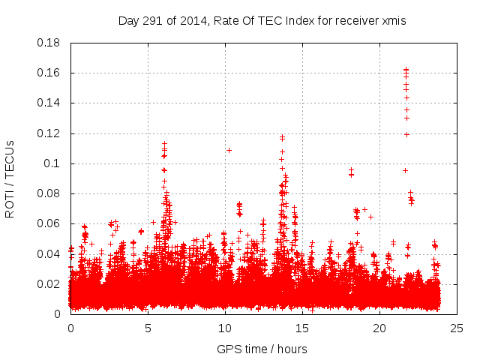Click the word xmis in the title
[394, 21]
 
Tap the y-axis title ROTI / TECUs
[10, 178]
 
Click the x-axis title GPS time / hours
[262, 349]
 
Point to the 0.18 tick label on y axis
[49, 43]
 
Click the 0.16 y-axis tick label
[49, 73]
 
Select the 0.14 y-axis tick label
[49, 103]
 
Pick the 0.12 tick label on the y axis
[49, 133]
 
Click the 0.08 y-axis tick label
[49, 193]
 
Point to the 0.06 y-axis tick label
[49, 223]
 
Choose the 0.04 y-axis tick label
[49, 253]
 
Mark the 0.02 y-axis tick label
[49, 284]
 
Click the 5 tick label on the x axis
[148, 328]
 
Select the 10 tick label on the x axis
[225, 328]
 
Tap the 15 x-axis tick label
[302, 328]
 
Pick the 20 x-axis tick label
[379, 328]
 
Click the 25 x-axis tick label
[457, 328]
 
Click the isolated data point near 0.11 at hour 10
[229, 150]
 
